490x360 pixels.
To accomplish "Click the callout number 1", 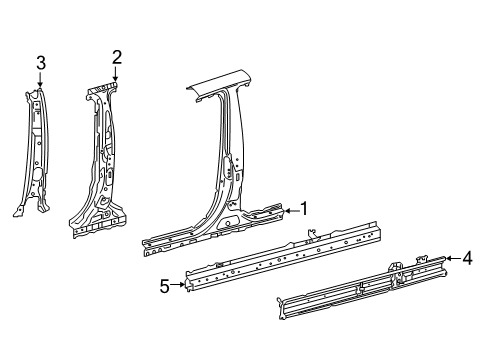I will coord(305,209).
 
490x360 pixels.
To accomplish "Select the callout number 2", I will coord(117,57).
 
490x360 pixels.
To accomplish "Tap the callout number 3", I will coord(40,63).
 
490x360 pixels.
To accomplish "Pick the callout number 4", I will coord(467,259).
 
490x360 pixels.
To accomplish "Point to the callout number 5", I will coord(164,285).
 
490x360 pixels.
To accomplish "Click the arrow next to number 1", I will coord(289,210).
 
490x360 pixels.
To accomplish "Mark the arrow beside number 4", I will coord(450,259).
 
